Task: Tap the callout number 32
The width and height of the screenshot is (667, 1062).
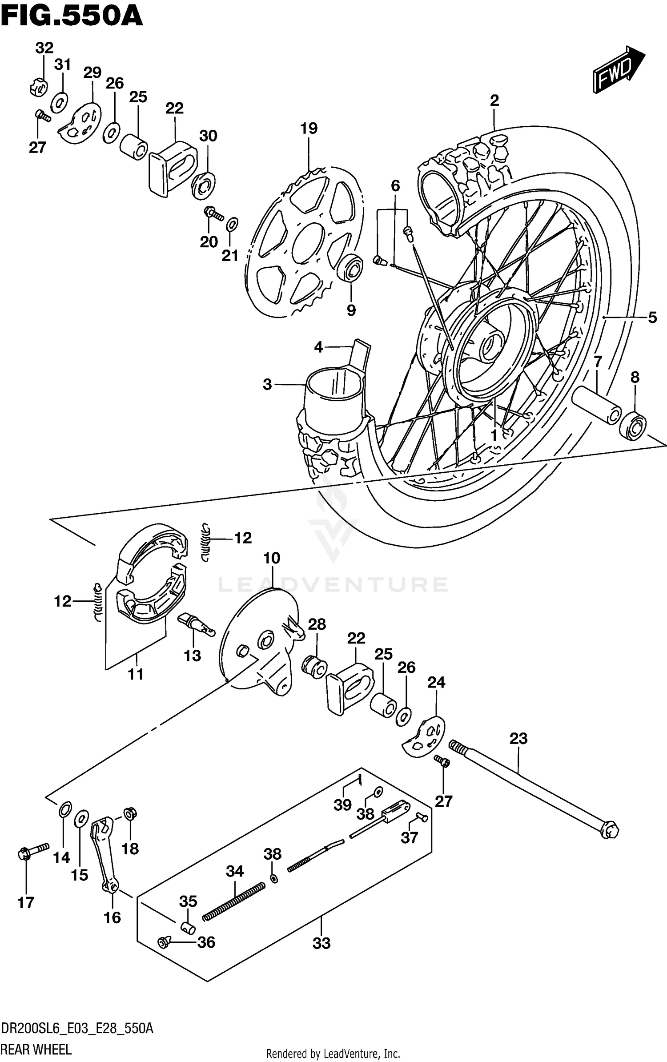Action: coord(44,48)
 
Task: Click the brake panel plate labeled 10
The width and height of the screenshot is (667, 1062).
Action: coord(260,641)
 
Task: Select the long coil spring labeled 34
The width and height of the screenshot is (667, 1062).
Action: coord(234,902)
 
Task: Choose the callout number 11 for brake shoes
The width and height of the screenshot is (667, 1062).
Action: coord(136,674)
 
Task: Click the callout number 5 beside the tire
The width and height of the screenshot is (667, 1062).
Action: coord(652,318)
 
